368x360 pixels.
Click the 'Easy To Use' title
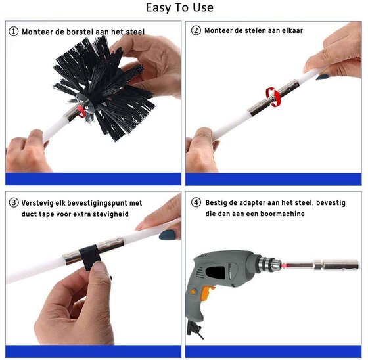click(179, 7)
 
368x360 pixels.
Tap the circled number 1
click(13, 32)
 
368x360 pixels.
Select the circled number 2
click(196, 30)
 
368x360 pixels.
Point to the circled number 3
click(14, 202)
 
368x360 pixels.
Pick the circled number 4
click(196, 202)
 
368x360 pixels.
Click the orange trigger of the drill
click(207, 294)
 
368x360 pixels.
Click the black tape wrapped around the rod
click(90, 256)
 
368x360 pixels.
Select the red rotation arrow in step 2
click(273, 97)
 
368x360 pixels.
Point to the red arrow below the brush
click(81, 111)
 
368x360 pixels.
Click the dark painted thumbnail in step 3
click(167, 235)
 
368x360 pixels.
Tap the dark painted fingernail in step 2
click(322, 77)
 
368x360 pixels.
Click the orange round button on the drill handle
click(193, 292)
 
